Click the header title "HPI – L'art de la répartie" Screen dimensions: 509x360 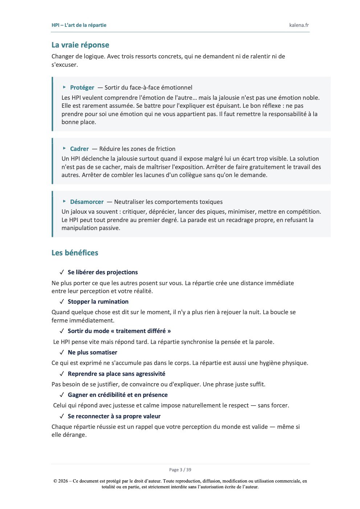pos(79,25)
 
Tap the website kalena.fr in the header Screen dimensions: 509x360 pos(299,25)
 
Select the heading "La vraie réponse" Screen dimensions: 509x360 pos(80,45)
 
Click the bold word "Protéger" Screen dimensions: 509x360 pos(82,87)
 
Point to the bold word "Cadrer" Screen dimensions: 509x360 pos(79,149)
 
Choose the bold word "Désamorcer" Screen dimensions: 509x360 pos(87,202)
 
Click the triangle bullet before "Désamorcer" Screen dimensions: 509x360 pos(64,201)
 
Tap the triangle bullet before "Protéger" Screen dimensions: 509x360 pos(64,87)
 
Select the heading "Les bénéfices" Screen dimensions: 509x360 pos(75,253)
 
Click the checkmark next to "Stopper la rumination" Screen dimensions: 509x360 pos(62,301)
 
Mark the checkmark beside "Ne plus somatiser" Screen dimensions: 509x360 pos(62,352)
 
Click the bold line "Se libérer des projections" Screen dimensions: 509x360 pos(103,272)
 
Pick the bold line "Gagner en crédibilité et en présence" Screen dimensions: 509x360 pos(118,395)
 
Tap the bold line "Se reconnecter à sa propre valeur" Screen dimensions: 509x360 pos(114,416)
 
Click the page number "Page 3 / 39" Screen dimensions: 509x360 pos(180,470)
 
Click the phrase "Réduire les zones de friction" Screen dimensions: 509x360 pos(137,149)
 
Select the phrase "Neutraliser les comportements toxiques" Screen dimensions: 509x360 pos(168,202)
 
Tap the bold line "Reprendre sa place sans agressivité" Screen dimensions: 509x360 pos(116,374)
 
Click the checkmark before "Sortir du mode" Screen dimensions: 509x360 pos(62,331)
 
